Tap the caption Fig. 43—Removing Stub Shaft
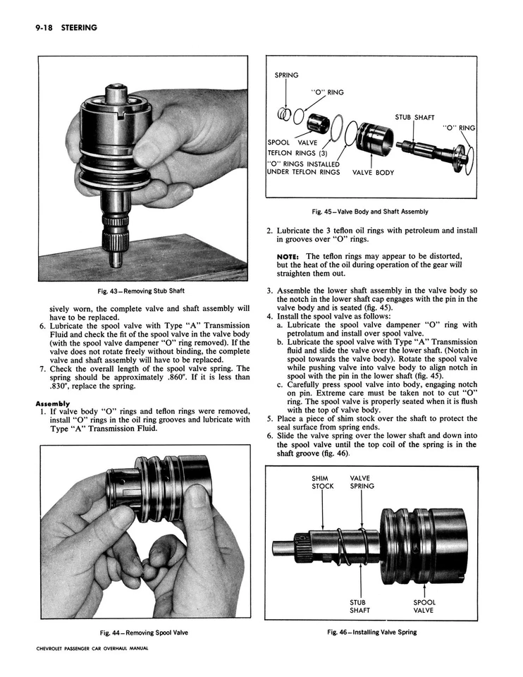[142, 291]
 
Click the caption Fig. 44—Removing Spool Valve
[143, 632]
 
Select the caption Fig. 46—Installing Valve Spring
[371, 632]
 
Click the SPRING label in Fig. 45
[286, 75]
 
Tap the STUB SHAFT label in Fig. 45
[414, 118]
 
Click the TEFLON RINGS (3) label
[299, 152]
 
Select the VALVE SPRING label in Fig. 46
[362, 482]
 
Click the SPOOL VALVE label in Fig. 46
[424, 606]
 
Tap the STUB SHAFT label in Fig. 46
[360, 606]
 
